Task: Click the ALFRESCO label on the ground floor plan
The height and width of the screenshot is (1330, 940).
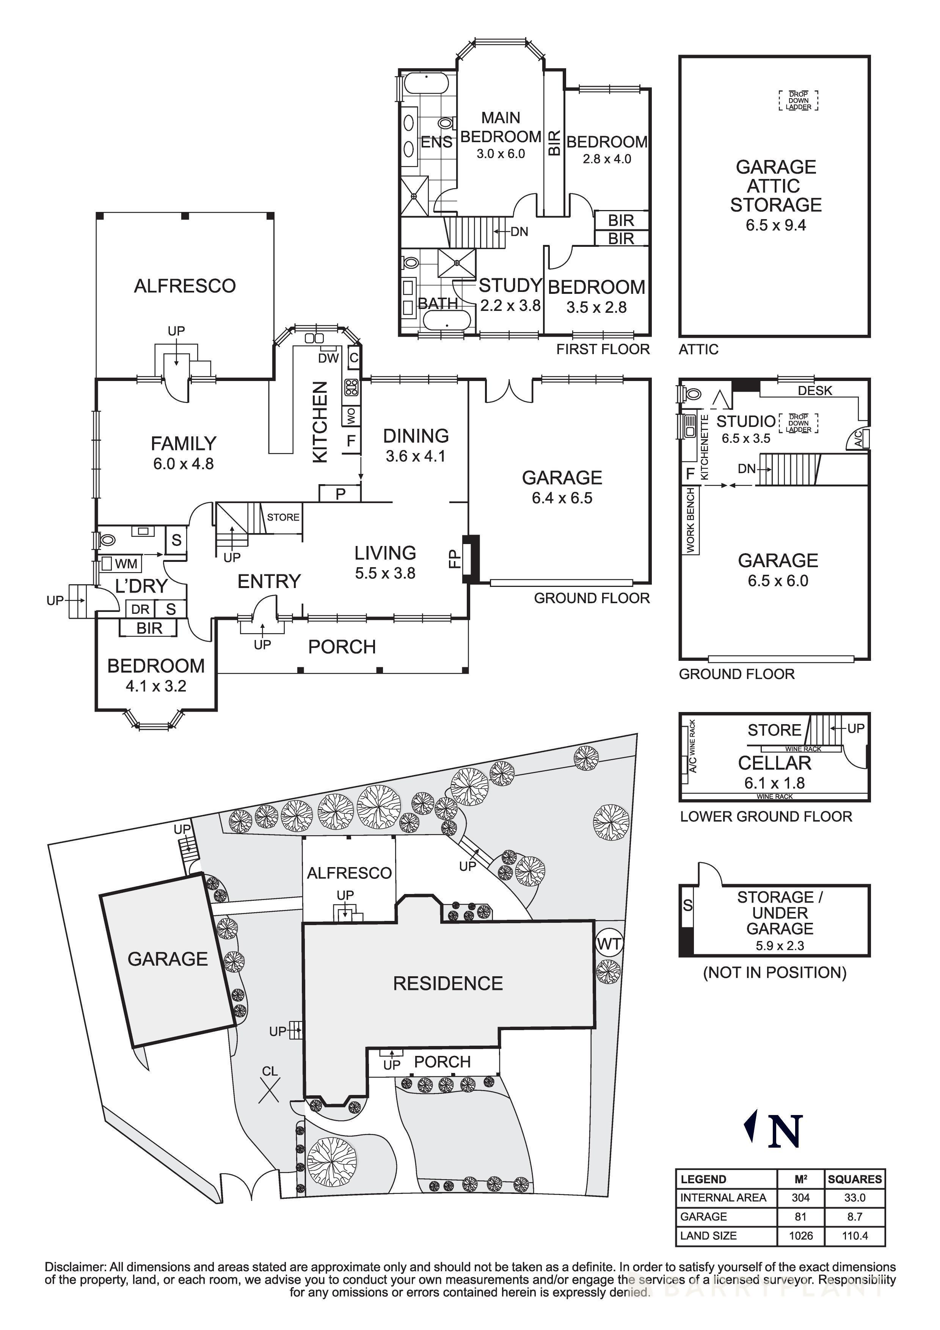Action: (185, 286)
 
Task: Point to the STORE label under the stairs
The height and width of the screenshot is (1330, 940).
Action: (282, 517)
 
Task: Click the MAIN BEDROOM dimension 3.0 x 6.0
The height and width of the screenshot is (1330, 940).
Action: (501, 154)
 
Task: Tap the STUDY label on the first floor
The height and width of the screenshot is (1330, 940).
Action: (510, 285)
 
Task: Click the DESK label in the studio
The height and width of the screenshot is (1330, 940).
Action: (814, 391)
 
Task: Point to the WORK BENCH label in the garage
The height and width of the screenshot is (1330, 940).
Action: (690, 520)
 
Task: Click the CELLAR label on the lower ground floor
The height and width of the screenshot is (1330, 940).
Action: (774, 764)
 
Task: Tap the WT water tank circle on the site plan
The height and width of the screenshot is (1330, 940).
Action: (609, 944)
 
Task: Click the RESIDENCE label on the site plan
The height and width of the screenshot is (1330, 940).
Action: (448, 983)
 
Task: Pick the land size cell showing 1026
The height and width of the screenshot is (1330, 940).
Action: (800, 1236)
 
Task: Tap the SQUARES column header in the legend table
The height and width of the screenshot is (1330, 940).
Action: (854, 1179)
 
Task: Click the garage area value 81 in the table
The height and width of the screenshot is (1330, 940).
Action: (800, 1217)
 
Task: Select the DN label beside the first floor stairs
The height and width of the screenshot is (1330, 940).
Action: (519, 232)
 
